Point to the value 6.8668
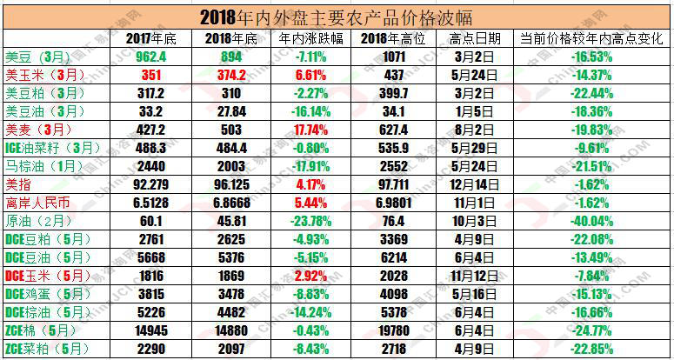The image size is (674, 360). (230, 202)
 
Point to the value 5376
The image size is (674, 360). (230, 257)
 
